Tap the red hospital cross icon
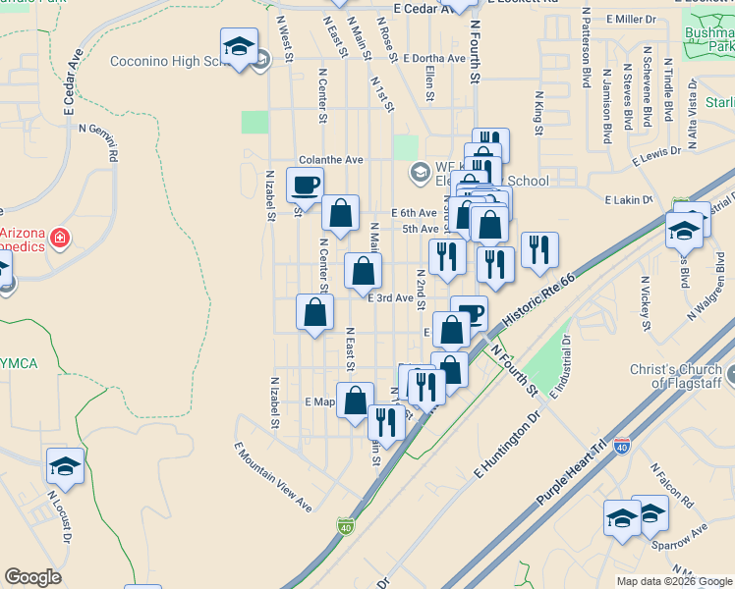(x=60, y=238)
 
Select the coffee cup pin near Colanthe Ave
(x=306, y=185)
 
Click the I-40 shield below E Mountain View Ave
(x=345, y=527)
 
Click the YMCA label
(x=18, y=364)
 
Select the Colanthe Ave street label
(x=331, y=160)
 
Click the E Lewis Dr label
(x=657, y=154)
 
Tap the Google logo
(x=32, y=577)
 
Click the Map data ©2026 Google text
(x=673, y=581)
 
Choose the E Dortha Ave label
(x=433, y=59)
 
